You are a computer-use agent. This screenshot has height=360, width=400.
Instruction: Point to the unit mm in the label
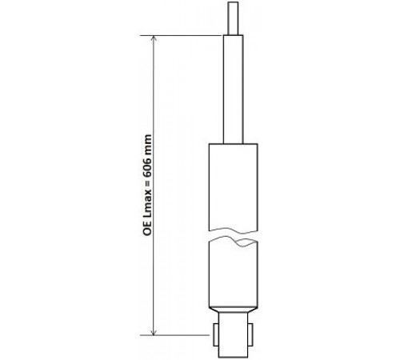[x=147, y=144]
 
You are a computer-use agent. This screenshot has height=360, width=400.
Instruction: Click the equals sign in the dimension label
[x=147, y=183]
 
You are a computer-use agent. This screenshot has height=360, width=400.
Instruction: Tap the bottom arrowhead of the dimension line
[x=154, y=332]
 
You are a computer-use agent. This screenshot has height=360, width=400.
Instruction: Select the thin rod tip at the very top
[x=233, y=18]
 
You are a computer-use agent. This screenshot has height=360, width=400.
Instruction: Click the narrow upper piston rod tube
[x=234, y=90]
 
